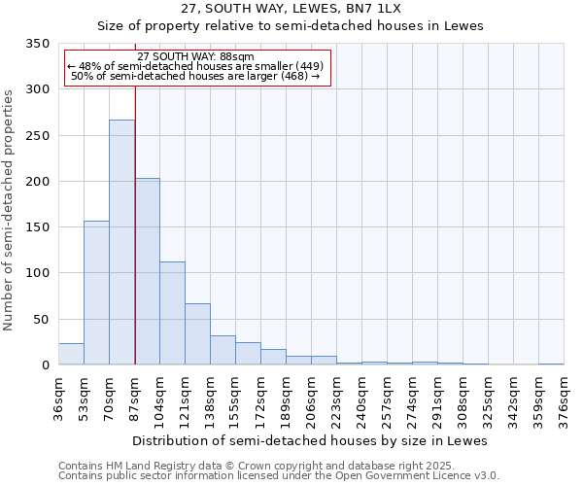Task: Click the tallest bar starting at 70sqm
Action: coord(121,243)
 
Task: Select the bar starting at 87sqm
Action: coord(147,272)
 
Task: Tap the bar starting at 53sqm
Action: coord(96,293)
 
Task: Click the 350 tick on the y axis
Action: coord(37,44)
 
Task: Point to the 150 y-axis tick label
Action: coord(37,227)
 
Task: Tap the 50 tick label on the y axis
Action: coord(41,320)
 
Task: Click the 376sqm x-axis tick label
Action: coord(565,399)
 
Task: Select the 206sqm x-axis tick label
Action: coord(312,399)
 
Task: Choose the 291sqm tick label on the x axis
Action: coord(438,399)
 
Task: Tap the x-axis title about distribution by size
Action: coord(310,440)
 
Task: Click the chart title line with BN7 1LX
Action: coord(291,8)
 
